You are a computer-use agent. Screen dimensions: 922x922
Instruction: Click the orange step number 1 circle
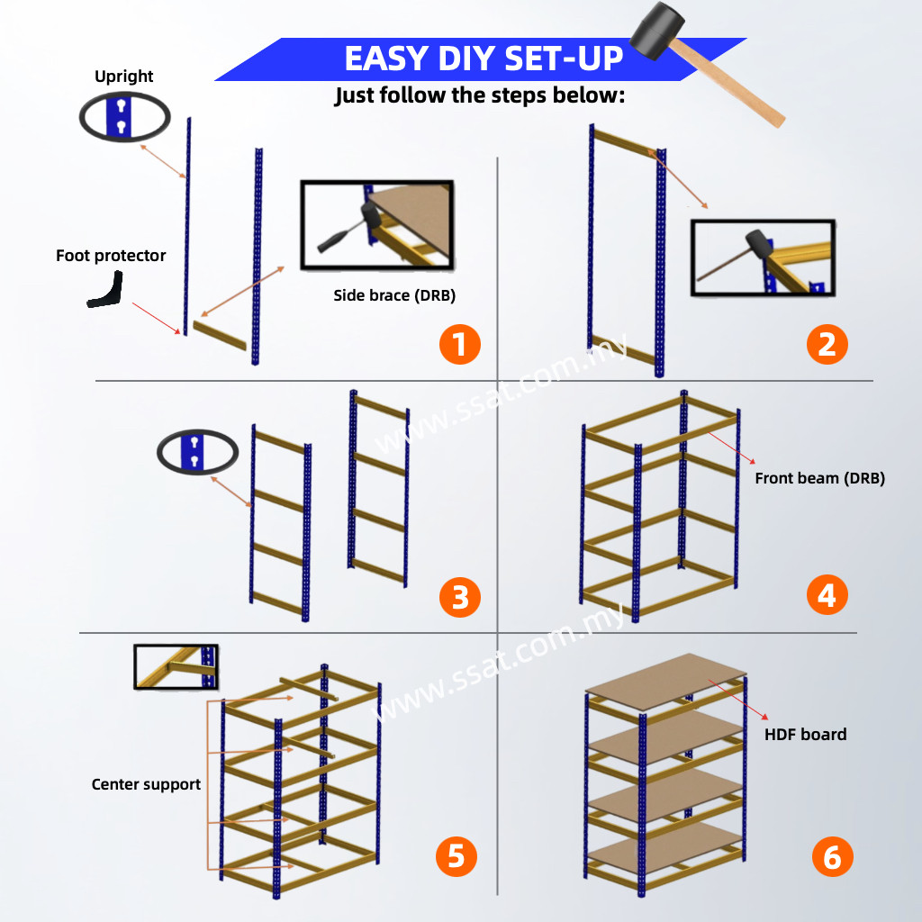[x=460, y=345]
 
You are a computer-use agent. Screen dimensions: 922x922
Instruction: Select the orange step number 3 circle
[x=460, y=596]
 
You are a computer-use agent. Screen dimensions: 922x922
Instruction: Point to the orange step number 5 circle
[x=456, y=854]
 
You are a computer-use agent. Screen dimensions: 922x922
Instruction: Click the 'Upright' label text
[x=124, y=77]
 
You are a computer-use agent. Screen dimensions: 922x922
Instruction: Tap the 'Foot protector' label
[x=111, y=256]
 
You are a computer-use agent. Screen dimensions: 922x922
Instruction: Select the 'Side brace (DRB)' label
[x=393, y=295]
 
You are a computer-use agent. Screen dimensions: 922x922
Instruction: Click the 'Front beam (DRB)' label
[x=819, y=478]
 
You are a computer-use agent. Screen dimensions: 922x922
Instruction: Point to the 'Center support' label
[x=146, y=784]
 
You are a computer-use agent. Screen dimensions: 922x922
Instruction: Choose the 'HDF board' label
[x=805, y=735]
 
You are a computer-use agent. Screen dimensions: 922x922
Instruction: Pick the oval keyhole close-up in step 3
[x=197, y=451]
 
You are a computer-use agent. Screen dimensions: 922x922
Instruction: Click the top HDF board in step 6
[x=666, y=681]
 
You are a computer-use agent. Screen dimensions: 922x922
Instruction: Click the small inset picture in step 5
[x=176, y=666]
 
